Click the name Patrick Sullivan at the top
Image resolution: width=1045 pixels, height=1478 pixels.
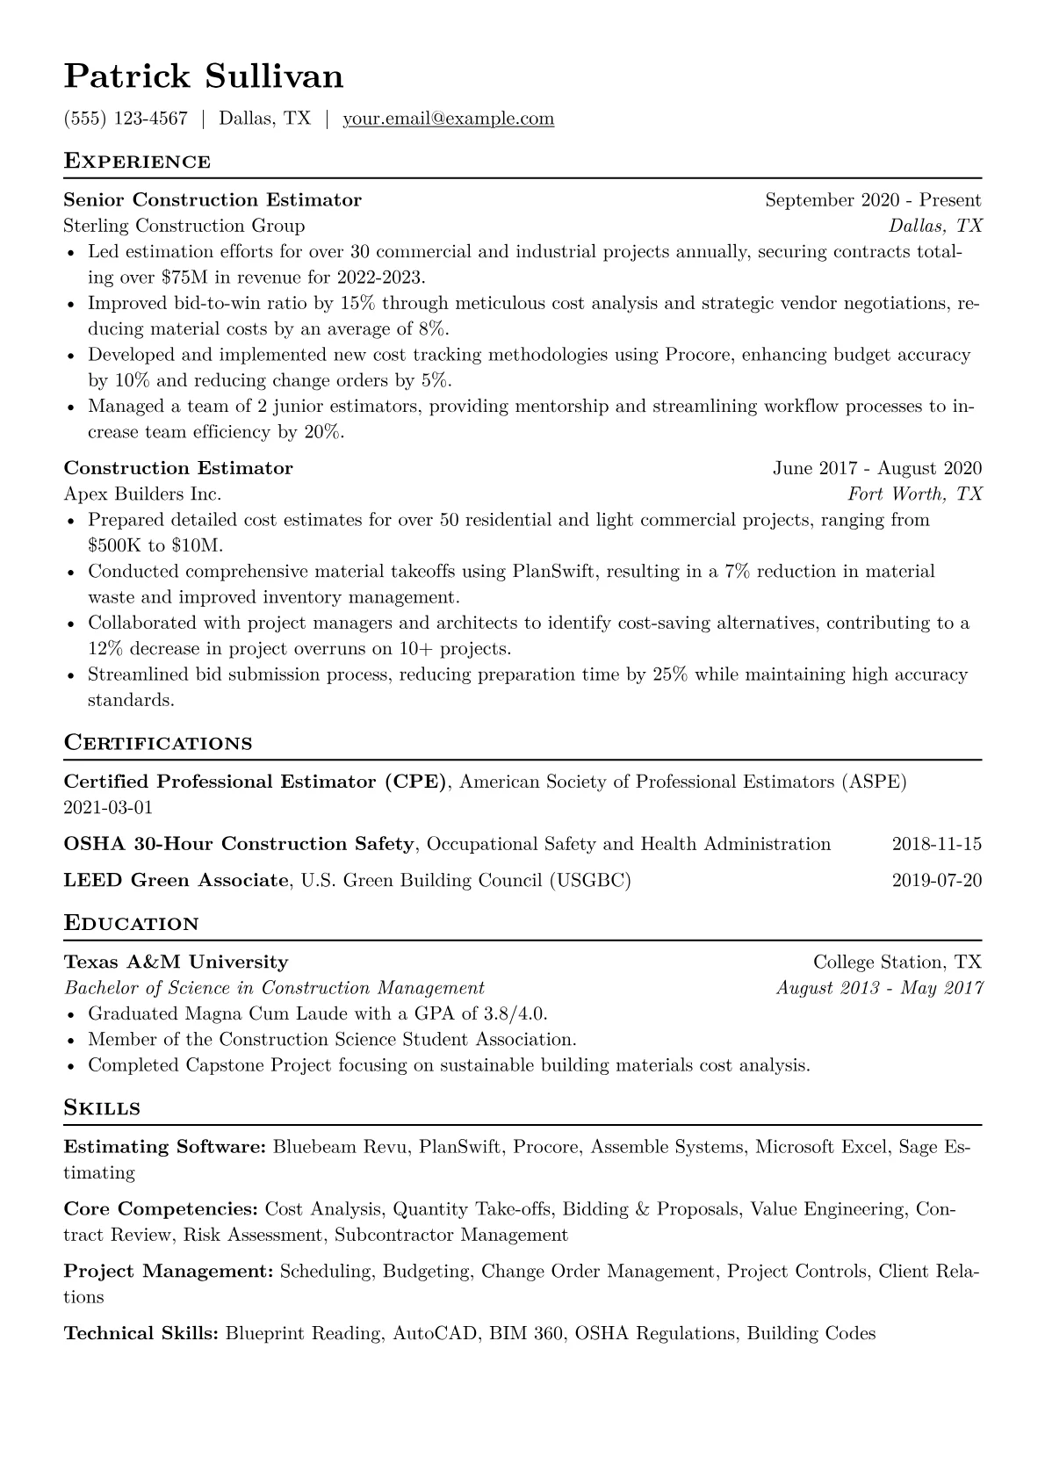pos(204,77)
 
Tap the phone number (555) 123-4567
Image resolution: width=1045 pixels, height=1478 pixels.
pos(126,119)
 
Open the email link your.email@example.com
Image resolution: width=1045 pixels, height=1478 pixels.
pos(448,119)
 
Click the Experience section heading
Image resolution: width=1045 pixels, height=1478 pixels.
pos(137,162)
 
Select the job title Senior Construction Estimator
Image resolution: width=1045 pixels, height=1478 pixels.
pos(213,200)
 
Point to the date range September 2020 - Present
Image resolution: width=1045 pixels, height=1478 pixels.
pos(873,200)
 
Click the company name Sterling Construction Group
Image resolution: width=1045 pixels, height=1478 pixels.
pos(184,226)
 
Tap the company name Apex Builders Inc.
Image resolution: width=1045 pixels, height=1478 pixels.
pos(142,494)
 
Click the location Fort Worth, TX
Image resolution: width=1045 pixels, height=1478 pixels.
pos(914,494)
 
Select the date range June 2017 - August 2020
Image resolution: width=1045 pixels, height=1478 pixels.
pos(876,468)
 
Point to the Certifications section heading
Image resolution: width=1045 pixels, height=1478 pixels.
pos(158,743)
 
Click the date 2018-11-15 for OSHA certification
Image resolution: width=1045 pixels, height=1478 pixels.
pos(936,844)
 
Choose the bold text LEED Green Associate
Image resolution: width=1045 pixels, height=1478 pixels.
pos(176,880)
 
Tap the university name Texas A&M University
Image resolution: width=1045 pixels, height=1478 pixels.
pos(176,962)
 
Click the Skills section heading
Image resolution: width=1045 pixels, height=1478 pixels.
pos(102,1108)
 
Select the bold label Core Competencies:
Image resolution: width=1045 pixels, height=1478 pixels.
pos(161,1209)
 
